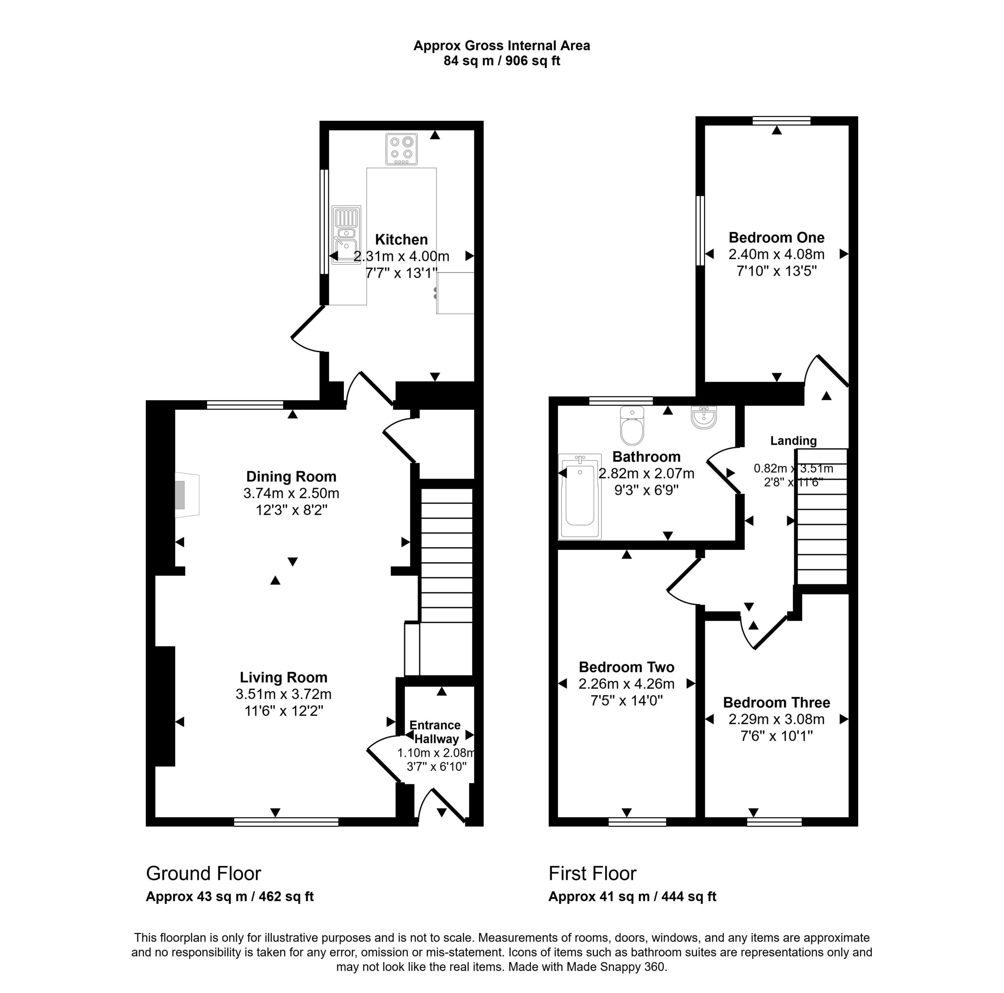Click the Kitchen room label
pyautogui.click(x=401, y=239)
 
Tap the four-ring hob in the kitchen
pyautogui.click(x=402, y=149)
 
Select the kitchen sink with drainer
pyautogui.click(x=346, y=235)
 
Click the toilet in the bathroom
pyautogui.click(x=632, y=425)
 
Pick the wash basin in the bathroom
pyautogui.click(x=704, y=417)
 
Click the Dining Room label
pyautogui.click(x=291, y=476)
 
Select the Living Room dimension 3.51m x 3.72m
pyautogui.click(x=283, y=694)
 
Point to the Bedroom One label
pyautogui.click(x=777, y=238)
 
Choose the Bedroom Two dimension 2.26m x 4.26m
pyautogui.click(x=626, y=684)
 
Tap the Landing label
pyautogui.click(x=793, y=441)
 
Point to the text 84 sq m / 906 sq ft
pyautogui.click(x=502, y=61)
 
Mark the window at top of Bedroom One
pyautogui.click(x=782, y=120)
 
